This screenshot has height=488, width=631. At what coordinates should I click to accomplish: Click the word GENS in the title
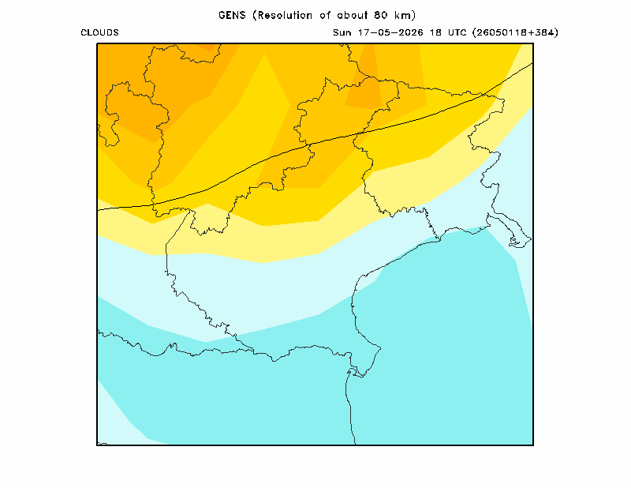pyautogui.click(x=232, y=15)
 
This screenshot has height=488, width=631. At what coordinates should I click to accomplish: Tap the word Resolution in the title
pyautogui.click(x=285, y=15)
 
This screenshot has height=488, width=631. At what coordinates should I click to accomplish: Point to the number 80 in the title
pyautogui.click(x=380, y=15)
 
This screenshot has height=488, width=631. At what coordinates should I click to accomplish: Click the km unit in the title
pyautogui.click(x=402, y=15)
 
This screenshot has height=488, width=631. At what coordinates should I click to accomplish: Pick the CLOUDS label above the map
pyautogui.click(x=100, y=32)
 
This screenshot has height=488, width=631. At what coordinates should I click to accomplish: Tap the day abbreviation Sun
pyautogui.click(x=342, y=32)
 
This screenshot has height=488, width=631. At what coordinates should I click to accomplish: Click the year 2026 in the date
pyautogui.click(x=410, y=32)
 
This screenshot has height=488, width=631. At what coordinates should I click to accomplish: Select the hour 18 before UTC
pyautogui.click(x=435, y=32)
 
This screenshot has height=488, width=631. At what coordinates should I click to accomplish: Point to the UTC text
pyautogui.click(x=457, y=32)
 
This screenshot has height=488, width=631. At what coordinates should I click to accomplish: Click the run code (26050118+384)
pyautogui.click(x=516, y=32)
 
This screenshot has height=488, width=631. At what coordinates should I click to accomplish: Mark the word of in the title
pyautogui.click(x=325, y=15)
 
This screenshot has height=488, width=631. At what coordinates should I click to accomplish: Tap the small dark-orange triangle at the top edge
pyautogui.click(x=208, y=47)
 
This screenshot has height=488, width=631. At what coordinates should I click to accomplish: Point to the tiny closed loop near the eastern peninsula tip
pyautogui.click(x=514, y=242)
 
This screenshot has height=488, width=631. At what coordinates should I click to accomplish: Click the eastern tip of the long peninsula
pyautogui.click(x=531, y=239)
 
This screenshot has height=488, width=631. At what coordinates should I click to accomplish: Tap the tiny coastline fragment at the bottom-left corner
pyautogui.click(x=103, y=443)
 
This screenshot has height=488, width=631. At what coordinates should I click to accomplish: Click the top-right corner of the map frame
pyautogui.click(x=533, y=43)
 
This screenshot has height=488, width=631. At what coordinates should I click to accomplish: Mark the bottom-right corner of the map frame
pyautogui.click(x=533, y=445)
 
